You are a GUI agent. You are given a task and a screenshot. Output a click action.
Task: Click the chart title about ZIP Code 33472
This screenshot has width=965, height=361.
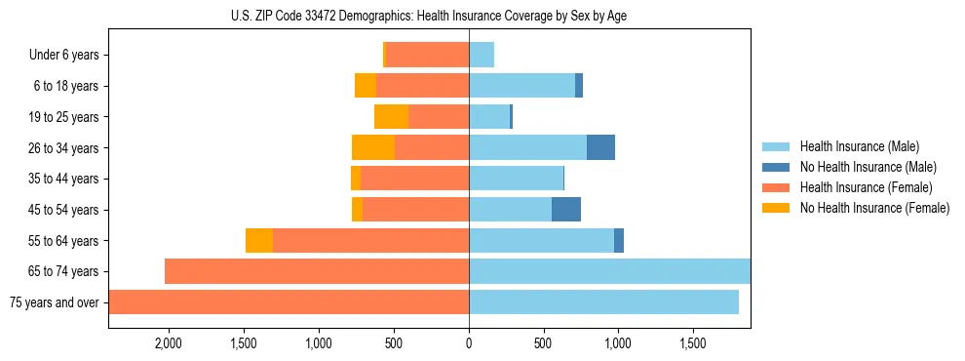point(430,16)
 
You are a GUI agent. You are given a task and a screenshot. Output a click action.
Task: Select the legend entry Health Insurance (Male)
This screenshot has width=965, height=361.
point(859,146)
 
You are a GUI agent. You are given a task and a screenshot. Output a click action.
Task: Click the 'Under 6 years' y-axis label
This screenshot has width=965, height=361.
point(64,56)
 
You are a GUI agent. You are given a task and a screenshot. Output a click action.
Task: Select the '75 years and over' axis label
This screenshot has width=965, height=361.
point(55,302)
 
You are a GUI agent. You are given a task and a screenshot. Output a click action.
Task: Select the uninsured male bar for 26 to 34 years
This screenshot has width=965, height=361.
point(600,147)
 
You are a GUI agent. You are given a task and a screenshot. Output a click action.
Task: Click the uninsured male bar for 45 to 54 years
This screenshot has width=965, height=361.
point(566,210)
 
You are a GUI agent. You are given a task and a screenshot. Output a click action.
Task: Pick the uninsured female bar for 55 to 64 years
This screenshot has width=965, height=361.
point(259,241)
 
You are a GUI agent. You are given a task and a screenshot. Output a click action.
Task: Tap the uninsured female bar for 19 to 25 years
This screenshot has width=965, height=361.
point(392,117)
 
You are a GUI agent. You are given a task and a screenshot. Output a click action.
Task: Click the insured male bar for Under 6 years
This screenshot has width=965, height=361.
point(482,56)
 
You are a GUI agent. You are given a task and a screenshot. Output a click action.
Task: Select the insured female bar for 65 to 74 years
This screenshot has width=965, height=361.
point(317,271)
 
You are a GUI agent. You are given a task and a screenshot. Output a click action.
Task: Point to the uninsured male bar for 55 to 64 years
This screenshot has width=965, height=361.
point(619,241)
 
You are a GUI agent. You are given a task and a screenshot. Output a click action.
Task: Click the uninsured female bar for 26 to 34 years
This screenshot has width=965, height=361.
point(373,147)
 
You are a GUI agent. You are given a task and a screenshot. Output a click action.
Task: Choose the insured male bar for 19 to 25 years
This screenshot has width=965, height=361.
point(489,117)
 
